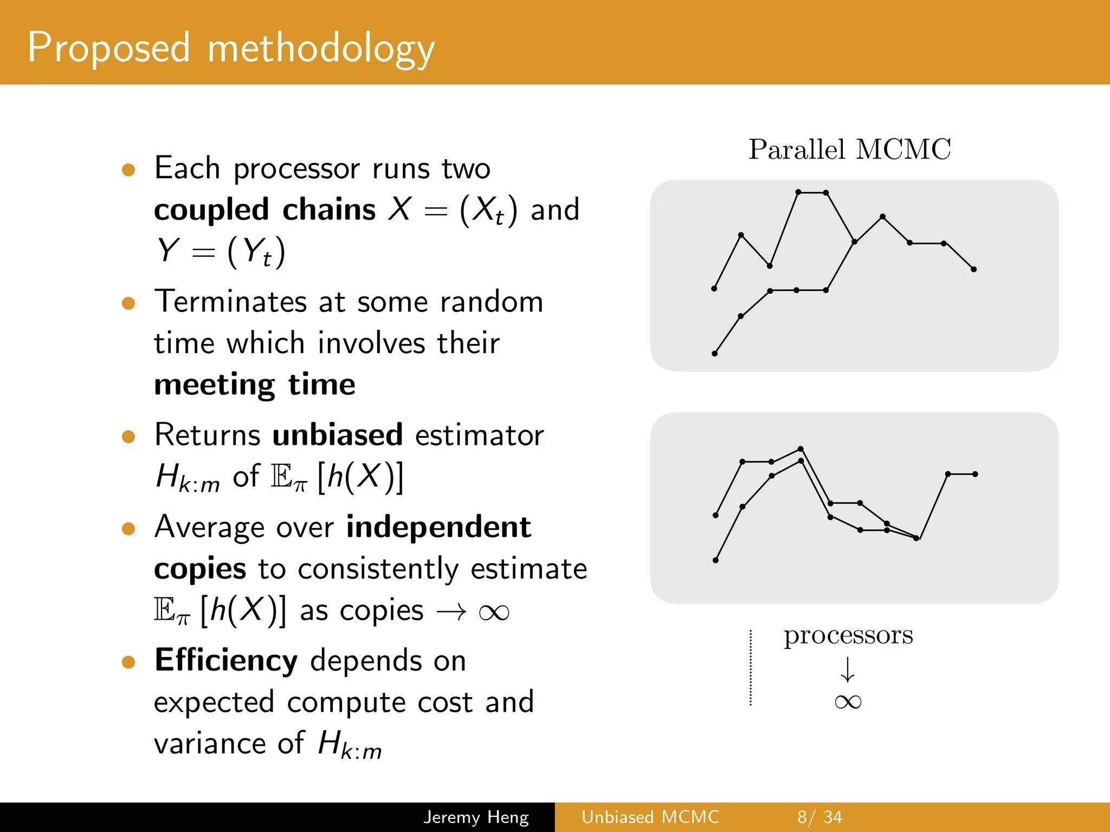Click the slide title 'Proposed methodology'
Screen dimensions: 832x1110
tap(230, 48)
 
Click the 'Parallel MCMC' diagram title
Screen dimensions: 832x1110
tap(849, 149)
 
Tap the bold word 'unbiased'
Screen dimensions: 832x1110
tap(337, 435)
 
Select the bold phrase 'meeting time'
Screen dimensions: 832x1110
tap(255, 385)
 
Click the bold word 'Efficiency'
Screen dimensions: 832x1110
tap(226, 660)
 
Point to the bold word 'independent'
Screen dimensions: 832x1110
tap(438, 527)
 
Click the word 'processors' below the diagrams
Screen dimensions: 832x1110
tap(848, 635)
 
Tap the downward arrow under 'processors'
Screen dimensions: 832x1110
tap(848, 669)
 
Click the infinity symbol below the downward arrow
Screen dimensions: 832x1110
tap(848, 702)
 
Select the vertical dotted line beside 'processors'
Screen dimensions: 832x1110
tap(751, 667)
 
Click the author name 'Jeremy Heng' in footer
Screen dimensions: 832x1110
tap(476, 817)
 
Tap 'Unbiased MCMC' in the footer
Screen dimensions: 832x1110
tap(650, 817)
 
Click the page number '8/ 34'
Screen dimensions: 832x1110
tap(819, 817)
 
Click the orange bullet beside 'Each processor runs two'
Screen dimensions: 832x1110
tap(128, 170)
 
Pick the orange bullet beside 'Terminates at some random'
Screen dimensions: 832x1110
tap(128, 303)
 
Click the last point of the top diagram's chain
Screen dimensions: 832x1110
tap(973, 269)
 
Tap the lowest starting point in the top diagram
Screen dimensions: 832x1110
tap(714, 354)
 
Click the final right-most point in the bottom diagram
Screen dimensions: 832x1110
tap(975, 474)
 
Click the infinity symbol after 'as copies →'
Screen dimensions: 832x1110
tap(494, 613)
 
